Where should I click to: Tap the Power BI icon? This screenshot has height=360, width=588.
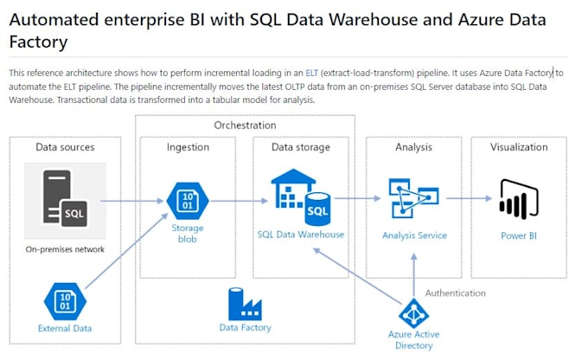(519, 201)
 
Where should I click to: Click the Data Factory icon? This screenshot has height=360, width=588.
(245, 303)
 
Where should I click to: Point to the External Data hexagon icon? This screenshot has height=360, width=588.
(65, 301)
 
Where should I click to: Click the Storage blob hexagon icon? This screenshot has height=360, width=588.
(188, 201)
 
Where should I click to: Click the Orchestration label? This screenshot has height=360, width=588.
(245, 125)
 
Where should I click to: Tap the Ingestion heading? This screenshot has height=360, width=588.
(188, 147)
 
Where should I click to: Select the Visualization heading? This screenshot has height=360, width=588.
(519, 147)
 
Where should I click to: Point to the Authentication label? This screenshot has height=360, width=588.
(455, 292)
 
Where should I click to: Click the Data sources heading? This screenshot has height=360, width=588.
(65, 147)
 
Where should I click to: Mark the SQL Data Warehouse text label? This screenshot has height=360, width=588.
(301, 235)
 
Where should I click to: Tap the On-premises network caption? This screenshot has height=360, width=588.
(65, 249)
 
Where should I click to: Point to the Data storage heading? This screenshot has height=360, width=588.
(300, 147)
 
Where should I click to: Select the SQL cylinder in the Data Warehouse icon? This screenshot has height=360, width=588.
(317, 209)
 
